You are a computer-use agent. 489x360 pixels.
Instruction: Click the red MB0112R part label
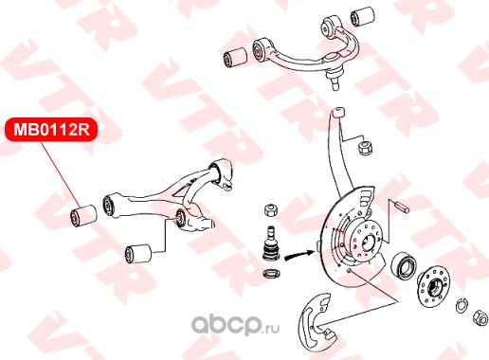tap(51, 130)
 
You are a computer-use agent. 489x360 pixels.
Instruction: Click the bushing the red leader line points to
tap(82, 215)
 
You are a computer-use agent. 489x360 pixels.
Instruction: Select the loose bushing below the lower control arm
tap(138, 253)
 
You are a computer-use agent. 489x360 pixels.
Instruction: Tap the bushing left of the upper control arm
tap(235, 57)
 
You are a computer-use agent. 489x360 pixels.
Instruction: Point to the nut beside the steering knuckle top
tap(366, 148)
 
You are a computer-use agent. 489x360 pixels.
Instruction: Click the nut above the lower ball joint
tap(271, 209)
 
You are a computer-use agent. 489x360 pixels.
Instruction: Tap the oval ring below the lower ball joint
tap(271, 273)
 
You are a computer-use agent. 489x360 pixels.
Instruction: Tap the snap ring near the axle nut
tap(462, 305)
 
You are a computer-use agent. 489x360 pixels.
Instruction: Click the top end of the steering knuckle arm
tap(338, 112)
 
